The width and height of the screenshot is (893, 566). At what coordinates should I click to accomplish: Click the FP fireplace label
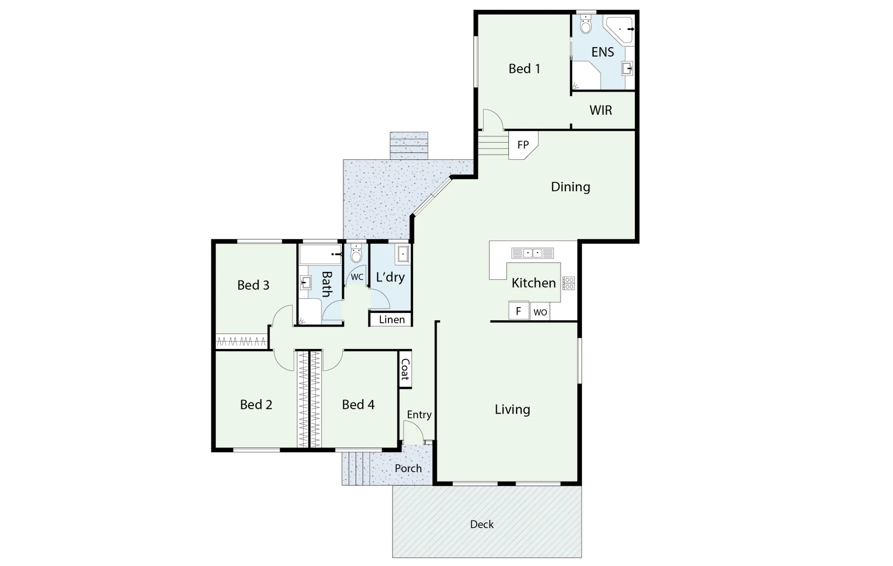pyautogui.click(x=523, y=145)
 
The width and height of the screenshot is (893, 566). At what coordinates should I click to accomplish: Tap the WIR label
pyautogui.click(x=600, y=110)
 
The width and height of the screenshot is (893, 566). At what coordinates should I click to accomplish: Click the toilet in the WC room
pyautogui.click(x=356, y=254)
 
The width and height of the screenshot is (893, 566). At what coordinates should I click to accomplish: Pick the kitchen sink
pyautogui.click(x=532, y=253)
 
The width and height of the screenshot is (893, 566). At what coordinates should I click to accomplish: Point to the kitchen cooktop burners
pyautogui.click(x=568, y=283)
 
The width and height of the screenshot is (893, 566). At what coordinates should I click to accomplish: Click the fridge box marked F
pyautogui.click(x=518, y=311)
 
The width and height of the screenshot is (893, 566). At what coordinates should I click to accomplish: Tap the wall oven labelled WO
pyautogui.click(x=540, y=312)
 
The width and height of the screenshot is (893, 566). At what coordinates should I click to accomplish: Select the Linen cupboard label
pyautogui.click(x=392, y=320)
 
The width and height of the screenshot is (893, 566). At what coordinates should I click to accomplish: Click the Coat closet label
pyautogui.click(x=405, y=369)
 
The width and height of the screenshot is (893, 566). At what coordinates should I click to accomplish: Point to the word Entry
pyautogui.click(x=419, y=415)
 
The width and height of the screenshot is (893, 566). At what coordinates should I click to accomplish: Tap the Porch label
pyautogui.click(x=408, y=469)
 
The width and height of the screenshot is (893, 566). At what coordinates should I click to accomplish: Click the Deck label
pyautogui.click(x=482, y=524)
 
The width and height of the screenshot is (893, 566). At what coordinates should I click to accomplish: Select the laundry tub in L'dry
pyautogui.click(x=403, y=254)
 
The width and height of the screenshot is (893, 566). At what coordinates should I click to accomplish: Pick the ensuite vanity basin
pyautogui.click(x=627, y=68)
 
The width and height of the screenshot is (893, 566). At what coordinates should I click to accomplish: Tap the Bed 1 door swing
pyautogui.click(x=492, y=119)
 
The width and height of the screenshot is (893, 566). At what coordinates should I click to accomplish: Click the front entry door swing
pyautogui.click(x=413, y=431)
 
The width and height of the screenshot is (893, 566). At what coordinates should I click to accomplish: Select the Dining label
pyautogui.click(x=571, y=187)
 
